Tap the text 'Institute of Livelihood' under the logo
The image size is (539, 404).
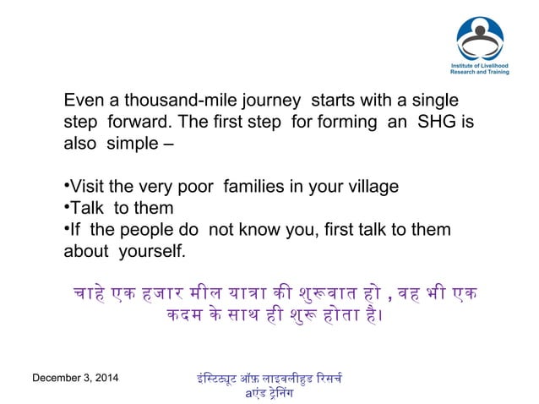(479, 64)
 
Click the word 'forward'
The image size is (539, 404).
(133, 123)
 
